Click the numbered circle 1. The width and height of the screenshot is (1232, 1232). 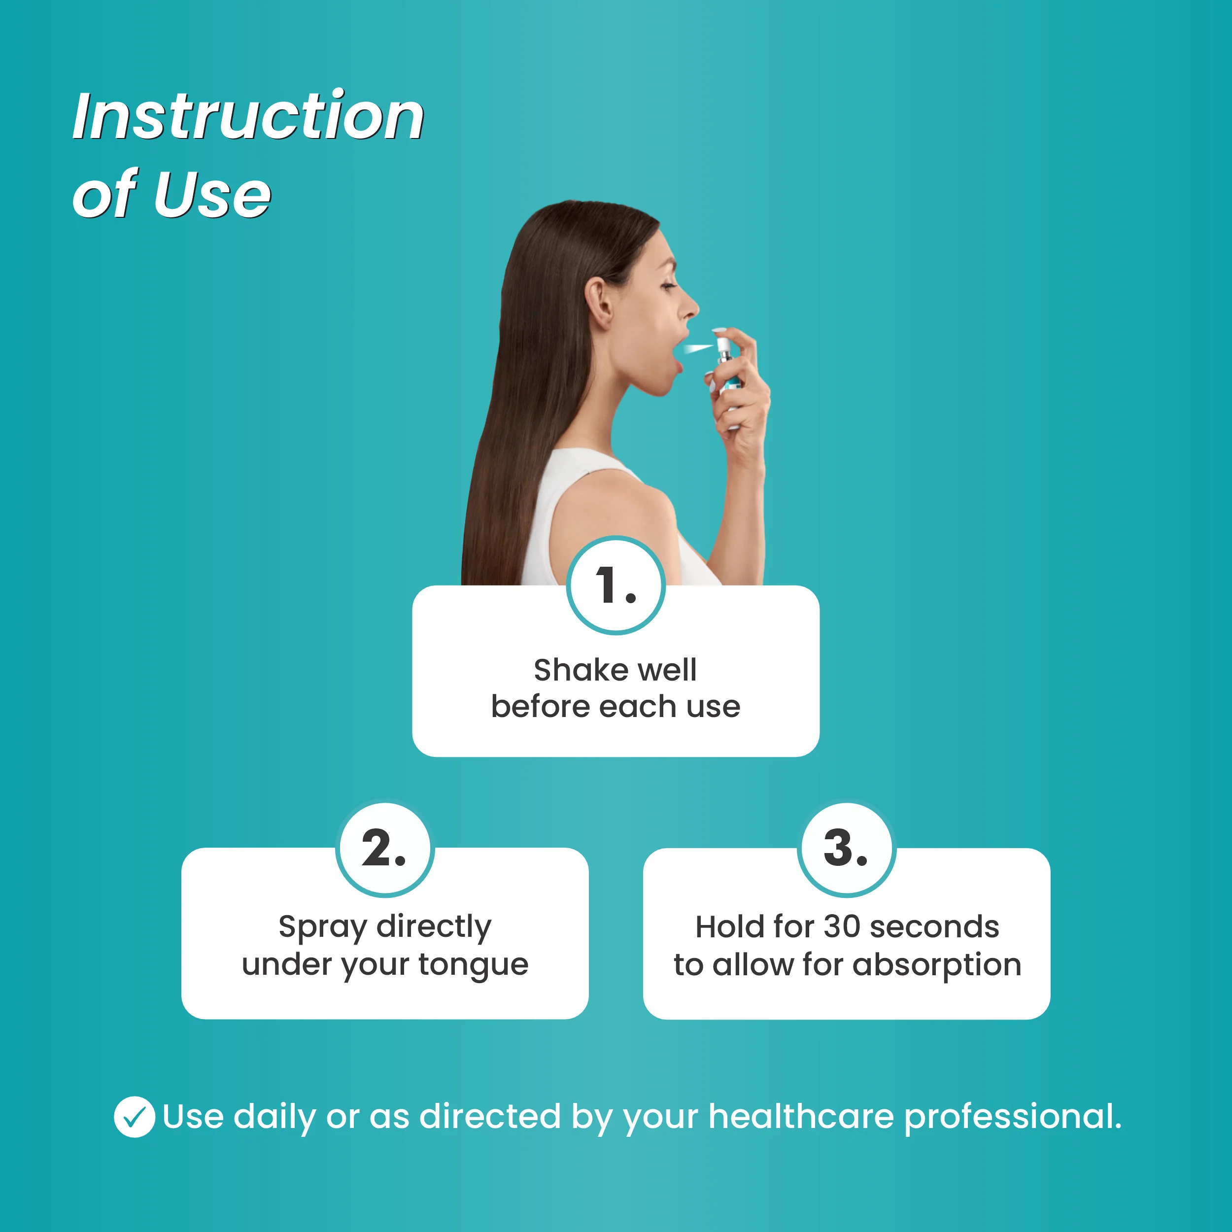616,585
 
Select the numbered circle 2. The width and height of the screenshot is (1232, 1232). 384,849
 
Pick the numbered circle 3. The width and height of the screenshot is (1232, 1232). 846,849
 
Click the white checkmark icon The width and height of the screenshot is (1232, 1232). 134,1117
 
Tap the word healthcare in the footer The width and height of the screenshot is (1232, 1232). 801,1117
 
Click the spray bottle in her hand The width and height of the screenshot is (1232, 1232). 726,370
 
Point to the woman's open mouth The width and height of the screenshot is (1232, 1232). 675,353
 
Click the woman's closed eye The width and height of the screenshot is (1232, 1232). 668,286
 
